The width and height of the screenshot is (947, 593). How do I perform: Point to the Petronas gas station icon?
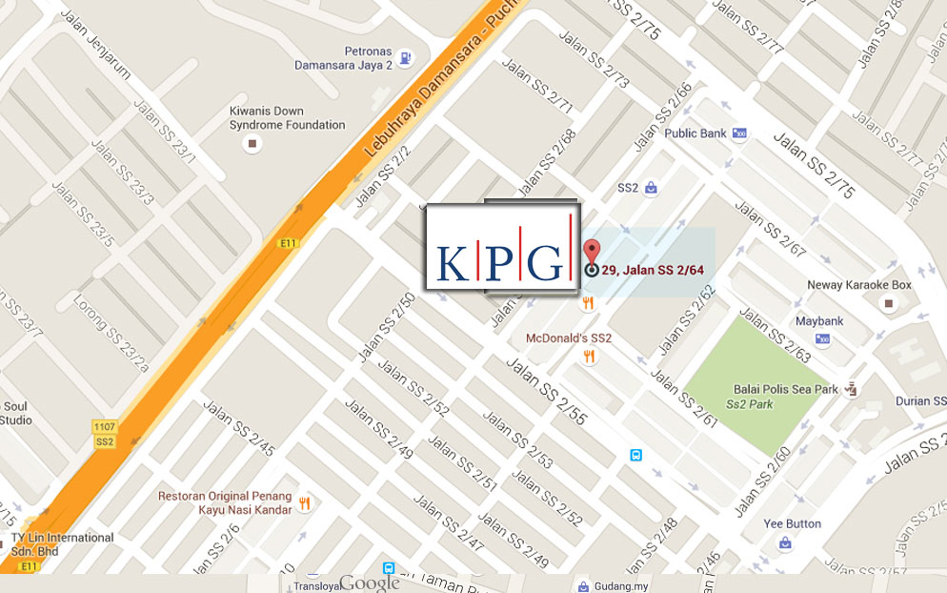pos(407,58)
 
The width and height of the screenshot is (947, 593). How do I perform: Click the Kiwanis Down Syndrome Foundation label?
pos(287,118)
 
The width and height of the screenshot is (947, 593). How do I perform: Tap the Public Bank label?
pos(695,133)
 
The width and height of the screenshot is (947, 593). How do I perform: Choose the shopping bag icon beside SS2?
pos(651,188)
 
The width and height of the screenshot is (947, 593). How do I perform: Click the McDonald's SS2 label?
pos(569,338)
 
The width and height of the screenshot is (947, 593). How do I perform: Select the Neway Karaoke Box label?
pos(859,285)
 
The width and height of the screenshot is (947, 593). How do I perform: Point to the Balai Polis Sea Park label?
pos(786,389)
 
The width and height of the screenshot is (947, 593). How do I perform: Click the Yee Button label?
pos(792,523)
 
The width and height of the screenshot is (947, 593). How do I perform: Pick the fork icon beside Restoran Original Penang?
pos(304,503)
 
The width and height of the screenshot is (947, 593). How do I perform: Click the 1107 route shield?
pos(105,425)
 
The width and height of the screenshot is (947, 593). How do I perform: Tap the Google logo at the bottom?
pos(369,583)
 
